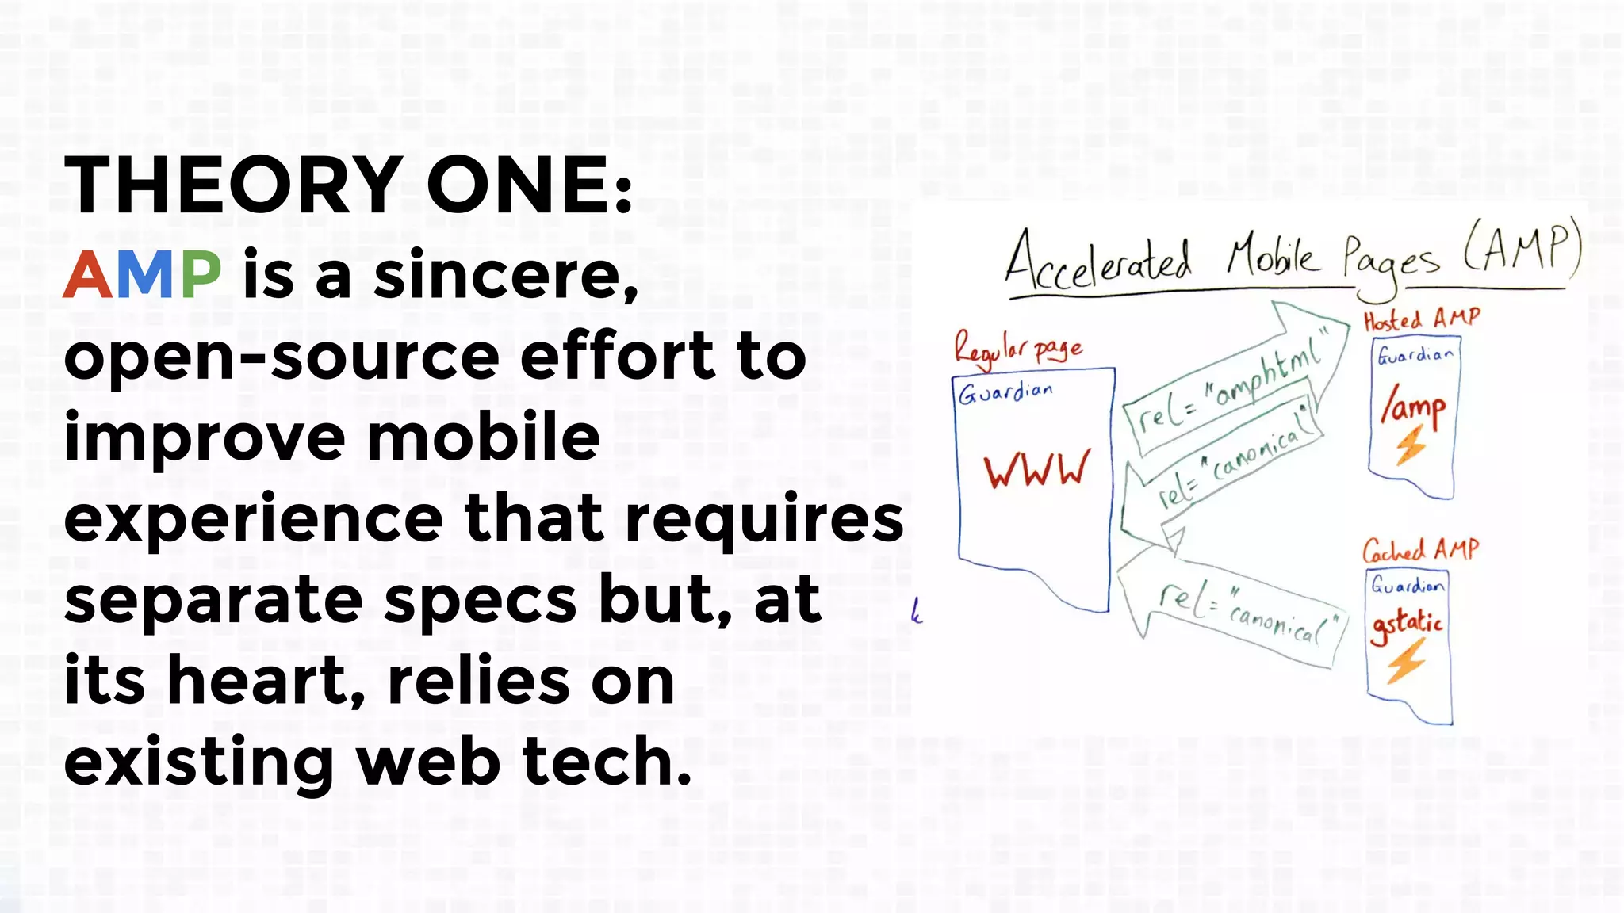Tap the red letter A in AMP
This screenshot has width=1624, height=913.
coord(88,274)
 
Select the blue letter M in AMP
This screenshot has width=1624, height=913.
coord(147,274)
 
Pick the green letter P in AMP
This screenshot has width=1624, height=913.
coord(201,274)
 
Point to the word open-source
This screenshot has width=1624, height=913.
coord(282,358)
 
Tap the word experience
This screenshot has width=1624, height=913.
coord(253,518)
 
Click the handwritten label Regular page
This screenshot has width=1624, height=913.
coord(1018,350)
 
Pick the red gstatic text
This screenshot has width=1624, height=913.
coord(1408,624)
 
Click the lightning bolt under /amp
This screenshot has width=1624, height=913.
coord(1411,446)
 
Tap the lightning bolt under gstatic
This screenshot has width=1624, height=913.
coord(1406,660)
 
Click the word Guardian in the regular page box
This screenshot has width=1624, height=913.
coord(1005,392)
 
